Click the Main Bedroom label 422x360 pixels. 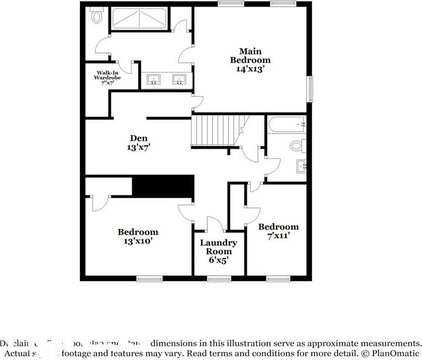click(x=250, y=56)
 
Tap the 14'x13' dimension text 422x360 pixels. click(x=250, y=69)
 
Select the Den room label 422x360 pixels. click(x=138, y=138)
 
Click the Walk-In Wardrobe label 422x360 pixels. click(x=109, y=75)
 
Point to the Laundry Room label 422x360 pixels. click(x=218, y=247)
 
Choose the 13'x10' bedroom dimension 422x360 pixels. click(x=138, y=241)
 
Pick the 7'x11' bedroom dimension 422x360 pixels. click(x=278, y=235)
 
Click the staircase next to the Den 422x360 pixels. click(x=217, y=131)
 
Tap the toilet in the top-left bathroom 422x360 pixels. click(x=98, y=17)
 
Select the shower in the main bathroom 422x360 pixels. click(x=140, y=20)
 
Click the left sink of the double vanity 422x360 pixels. click(x=153, y=80)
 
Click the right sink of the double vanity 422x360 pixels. click(x=179, y=80)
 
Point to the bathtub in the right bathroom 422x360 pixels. click(x=286, y=125)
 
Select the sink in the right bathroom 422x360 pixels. click(x=301, y=165)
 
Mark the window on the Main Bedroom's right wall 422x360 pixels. click(x=310, y=88)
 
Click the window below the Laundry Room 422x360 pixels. click(x=219, y=279)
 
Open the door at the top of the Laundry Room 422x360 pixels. click(x=214, y=225)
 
